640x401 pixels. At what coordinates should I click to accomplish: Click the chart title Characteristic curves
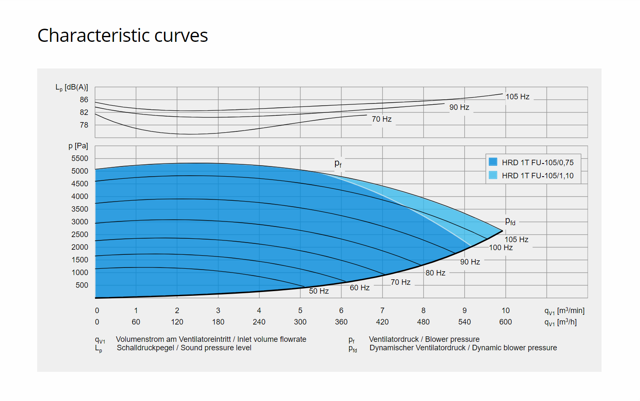123,35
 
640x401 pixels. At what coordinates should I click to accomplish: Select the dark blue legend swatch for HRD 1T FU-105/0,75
493,162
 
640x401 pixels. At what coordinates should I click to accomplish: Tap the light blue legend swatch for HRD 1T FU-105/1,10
493,175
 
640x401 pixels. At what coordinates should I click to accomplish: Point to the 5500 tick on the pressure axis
80,158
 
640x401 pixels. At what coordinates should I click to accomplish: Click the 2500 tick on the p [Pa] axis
80,235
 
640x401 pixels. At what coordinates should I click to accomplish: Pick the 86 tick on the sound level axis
84,100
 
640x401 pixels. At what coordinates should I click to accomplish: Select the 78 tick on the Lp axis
84,125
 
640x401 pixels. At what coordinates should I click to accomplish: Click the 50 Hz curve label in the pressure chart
319,291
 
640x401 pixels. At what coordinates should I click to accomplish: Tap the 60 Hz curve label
359,288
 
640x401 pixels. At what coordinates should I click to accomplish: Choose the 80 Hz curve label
435,273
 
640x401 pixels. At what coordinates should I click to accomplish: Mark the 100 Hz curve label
501,248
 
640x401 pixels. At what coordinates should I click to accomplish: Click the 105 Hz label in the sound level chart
517,97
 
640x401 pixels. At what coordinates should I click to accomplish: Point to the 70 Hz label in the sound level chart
381,119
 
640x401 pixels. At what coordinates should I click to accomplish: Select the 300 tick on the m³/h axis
300,322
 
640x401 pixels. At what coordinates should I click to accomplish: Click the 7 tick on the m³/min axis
382,311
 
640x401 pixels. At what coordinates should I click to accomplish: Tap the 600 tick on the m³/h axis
505,322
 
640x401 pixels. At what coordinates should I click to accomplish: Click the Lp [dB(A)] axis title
72,87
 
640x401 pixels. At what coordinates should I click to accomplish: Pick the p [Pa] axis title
78,146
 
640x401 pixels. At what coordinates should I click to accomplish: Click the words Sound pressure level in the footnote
216,348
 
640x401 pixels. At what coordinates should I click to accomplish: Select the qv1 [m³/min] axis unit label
564,311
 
